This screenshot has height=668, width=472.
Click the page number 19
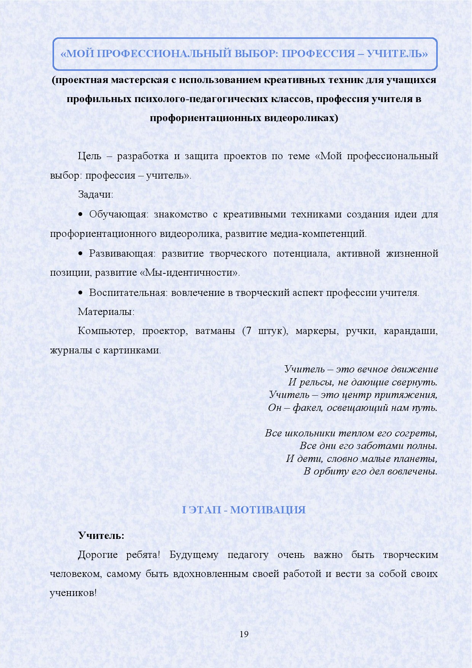[x=244, y=634]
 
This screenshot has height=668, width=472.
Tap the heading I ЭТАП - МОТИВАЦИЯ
[x=244, y=510]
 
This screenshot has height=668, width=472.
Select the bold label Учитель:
[x=101, y=536]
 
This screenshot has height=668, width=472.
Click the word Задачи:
[x=96, y=195]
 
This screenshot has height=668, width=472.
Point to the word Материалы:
[x=106, y=312]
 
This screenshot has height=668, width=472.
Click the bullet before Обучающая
[x=80, y=215]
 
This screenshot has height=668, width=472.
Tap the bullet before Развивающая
[x=80, y=254]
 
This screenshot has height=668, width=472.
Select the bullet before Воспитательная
[x=80, y=293]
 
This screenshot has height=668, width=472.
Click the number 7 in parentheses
[x=249, y=331]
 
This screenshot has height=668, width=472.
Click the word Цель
[x=89, y=156]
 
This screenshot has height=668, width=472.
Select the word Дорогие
[x=98, y=555]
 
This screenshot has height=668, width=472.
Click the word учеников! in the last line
[x=73, y=593]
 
